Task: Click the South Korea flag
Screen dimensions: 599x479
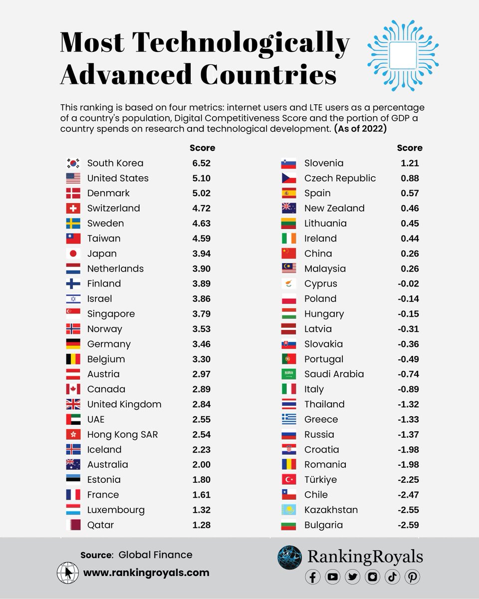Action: click(73, 163)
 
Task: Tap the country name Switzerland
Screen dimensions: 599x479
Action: click(113, 208)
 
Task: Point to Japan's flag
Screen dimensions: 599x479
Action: click(73, 254)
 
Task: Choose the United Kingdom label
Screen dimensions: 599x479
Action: click(124, 404)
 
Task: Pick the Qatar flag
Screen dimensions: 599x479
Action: click(73, 525)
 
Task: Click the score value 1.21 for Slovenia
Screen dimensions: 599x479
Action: click(409, 163)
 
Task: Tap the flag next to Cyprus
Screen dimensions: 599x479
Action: click(289, 284)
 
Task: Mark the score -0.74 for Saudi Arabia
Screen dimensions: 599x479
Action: click(407, 374)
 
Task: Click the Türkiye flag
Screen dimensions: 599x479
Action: click(289, 480)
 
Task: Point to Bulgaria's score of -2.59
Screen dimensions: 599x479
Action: click(407, 525)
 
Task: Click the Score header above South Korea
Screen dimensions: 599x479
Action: click(202, 148)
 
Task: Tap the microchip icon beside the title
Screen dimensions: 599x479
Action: click(403, 55)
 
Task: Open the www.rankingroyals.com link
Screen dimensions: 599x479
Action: click(146, 573)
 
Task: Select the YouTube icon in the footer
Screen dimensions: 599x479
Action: click(333, 577)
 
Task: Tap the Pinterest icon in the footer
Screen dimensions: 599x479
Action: click(412, 577)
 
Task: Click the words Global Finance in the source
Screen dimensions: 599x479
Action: click(155, 555)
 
